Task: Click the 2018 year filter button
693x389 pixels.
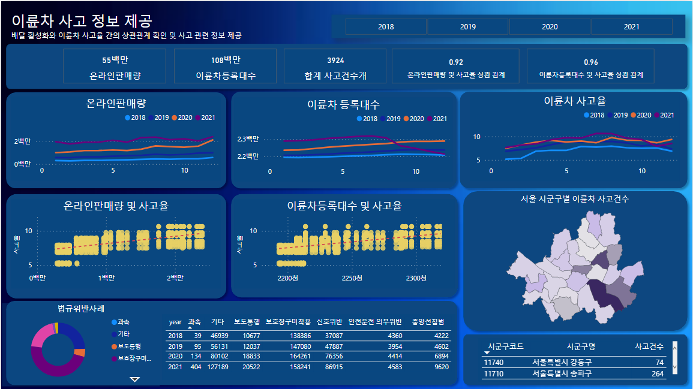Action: pyautogui.click(x=386, y=26)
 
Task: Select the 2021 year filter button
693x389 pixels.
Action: pyautogui.click(x=631, y=26)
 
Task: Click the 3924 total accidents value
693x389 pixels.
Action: pyautogui.click(x=335, y=61)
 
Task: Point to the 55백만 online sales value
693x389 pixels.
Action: pyautogui.click(x=115, y=60)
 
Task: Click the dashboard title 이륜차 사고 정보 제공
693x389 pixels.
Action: pyautogui.click(x=82, y=22)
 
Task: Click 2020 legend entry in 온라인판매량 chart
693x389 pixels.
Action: pyautogui.click(x=181, y=117)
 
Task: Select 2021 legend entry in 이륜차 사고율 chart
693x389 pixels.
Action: pyautogui.click(x=664, y=115)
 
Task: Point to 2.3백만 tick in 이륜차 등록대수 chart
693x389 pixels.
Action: pyautogui.click(x=248, y=139)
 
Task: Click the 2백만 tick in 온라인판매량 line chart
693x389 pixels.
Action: pyautogui.click(x=23, y=141)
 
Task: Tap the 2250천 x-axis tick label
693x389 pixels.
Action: pyautogui.click(x=352, y=278)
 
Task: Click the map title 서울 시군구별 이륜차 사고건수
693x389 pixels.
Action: pyautogui.click(x=575, y=199)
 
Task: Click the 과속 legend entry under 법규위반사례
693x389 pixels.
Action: pyautogui.click(x=122, y=322)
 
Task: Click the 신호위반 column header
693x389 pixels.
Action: pyautogui.click(x=329, y=322)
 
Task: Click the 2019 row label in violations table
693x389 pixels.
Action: pyautogui.click(x=175, y=346)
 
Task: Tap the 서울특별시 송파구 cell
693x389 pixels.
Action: pyautogui.click(x=561, y=373)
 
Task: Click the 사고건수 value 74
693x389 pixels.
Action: pyautogui.click(x=659, y=363)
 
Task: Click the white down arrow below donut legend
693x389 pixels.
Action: pyautogui.click(x=135, y=379)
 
